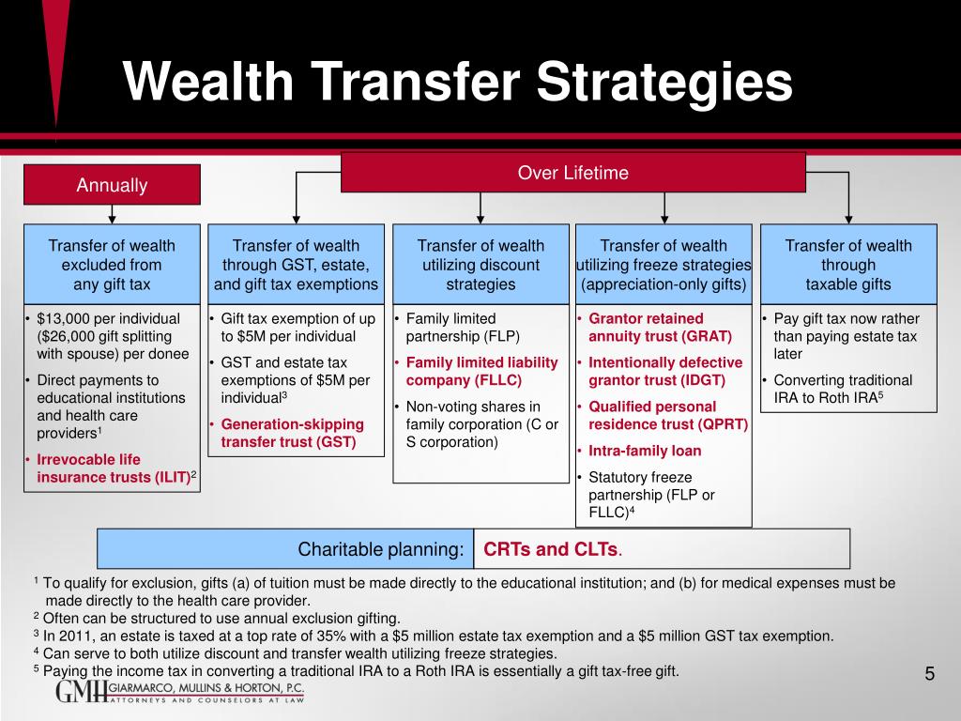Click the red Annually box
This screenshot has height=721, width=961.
click(x=112, y=185)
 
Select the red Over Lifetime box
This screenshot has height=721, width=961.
click(x=572, y=173)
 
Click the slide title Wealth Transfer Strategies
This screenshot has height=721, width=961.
click(x=459, y=82)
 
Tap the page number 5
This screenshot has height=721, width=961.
click(x=929, y=674)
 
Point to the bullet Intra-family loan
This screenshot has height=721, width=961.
click(x=645, y=451)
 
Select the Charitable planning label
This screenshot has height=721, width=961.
click(x=380, y=549)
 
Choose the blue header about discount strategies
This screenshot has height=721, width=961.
click(x=480, y=265)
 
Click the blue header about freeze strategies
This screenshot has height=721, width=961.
click(x=664, y=265)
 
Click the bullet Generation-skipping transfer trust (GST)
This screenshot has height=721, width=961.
click(x=292, y=433)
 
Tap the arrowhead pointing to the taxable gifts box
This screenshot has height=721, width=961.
click(x=848, y=218)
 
